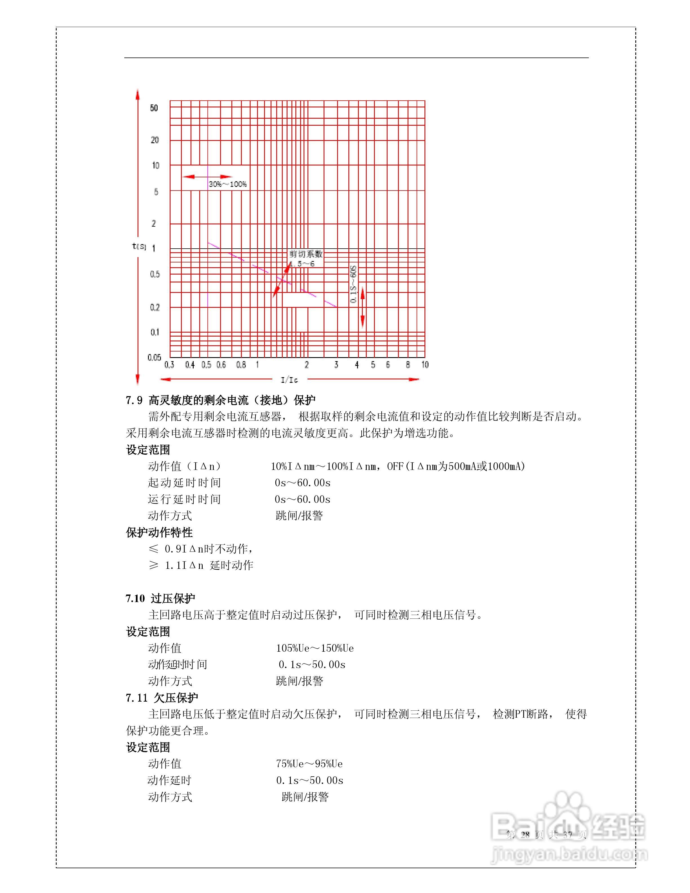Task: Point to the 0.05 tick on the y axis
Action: coord(154,357)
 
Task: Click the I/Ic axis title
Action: coord(289,380)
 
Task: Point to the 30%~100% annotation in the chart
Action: coord(228,184)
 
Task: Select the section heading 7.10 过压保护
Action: coord(160,599)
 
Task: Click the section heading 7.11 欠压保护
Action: coord(162,698)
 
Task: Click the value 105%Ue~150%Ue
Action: coord(315,648)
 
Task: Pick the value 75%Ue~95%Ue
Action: coord(309,764)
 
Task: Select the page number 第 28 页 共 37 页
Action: coord(547,835)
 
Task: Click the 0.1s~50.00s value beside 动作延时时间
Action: coord(312,664)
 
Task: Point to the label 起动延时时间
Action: coord(184,483)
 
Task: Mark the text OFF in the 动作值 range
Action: coord(395,466)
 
